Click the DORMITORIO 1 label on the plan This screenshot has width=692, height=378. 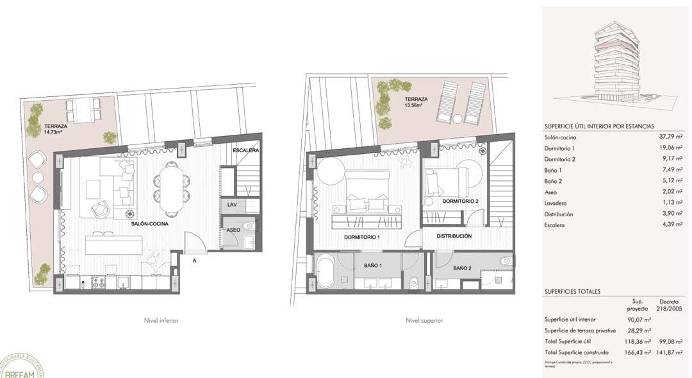tap(362, 237)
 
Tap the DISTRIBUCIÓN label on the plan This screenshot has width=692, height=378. tap(454, 236)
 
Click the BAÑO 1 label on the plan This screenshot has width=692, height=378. tap(372, 265)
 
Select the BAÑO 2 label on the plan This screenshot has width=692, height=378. tap(462, 268)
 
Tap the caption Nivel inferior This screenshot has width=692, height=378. tap(161, 320)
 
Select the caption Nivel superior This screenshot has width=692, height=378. tap(424, 320)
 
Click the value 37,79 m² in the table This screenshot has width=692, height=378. tap(671, 136)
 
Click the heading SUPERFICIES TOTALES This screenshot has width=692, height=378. tap(572, 291)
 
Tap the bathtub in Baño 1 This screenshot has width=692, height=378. tap(325, 271)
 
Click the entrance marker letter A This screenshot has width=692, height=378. tap(194, 260)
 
